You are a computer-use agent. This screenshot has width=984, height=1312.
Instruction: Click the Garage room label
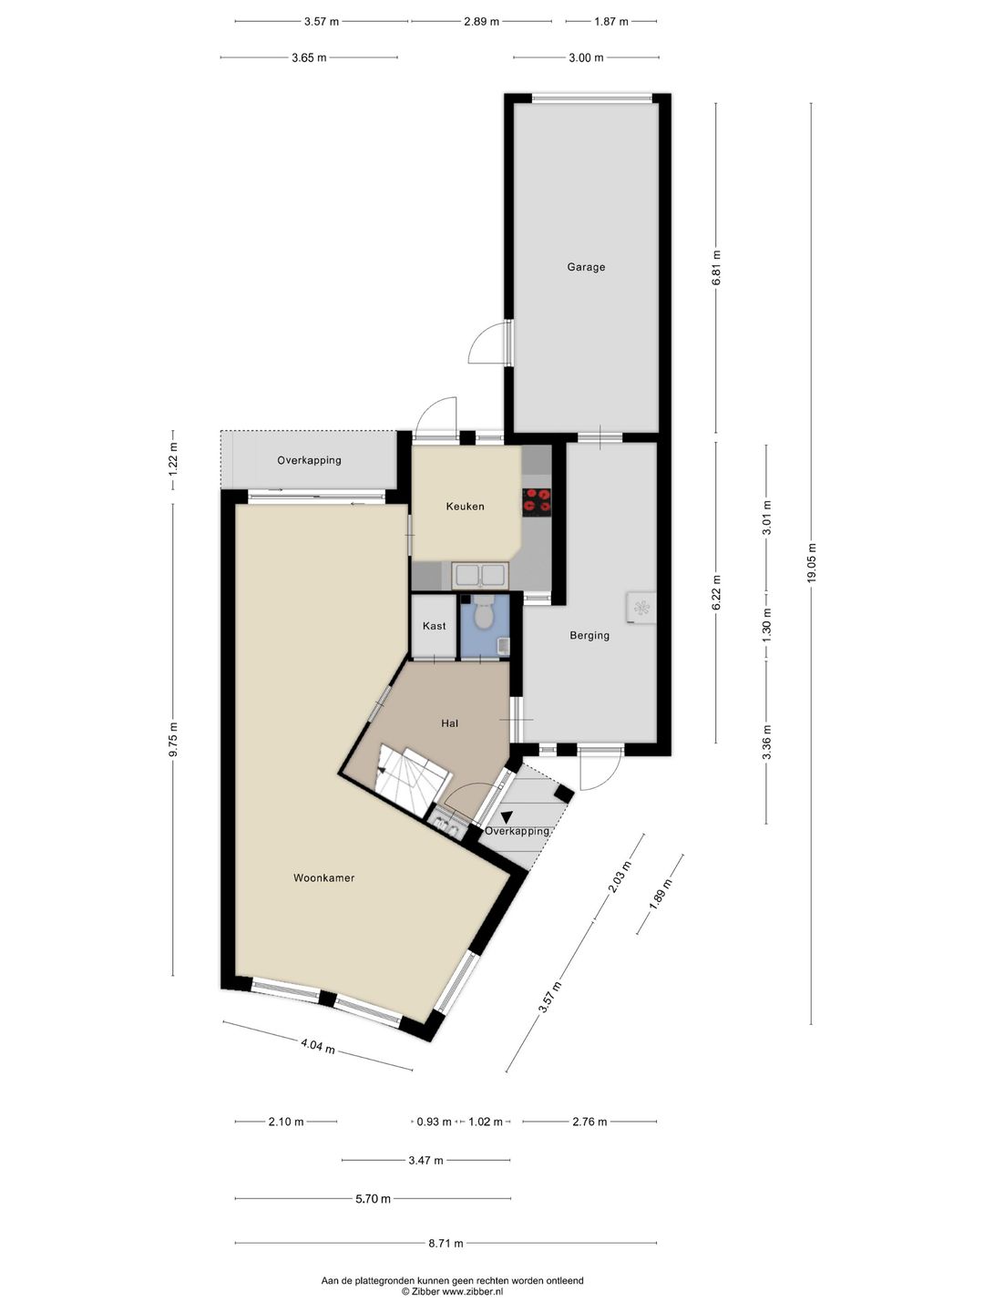(586, 267)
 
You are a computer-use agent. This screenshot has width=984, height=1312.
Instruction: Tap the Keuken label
(465, 507)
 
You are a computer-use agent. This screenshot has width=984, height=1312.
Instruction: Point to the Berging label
(589, 635)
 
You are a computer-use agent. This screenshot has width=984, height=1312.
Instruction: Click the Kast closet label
(434, 626)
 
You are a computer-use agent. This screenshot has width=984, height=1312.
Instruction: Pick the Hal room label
(449, 723)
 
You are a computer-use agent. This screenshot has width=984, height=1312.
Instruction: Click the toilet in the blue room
(483, 611)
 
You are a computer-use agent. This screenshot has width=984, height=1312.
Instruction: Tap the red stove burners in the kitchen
(537, 501)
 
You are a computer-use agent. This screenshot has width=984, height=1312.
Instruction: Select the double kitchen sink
(480, 575)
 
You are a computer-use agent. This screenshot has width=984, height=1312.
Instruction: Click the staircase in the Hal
(411, 779)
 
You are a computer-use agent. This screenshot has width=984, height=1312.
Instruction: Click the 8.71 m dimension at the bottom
(446, 1244)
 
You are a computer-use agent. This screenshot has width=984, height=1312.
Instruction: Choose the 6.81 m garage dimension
(716, 267)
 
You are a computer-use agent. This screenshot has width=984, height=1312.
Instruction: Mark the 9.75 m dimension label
(173, 740)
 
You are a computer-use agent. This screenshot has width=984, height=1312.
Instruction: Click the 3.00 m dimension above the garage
(586, 58)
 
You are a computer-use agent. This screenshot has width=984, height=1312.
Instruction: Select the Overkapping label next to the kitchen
(309, 460)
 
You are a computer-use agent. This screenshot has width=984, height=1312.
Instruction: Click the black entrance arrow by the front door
(507, 815)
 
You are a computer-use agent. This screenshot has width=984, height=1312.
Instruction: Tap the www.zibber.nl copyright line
(452, 1291)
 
